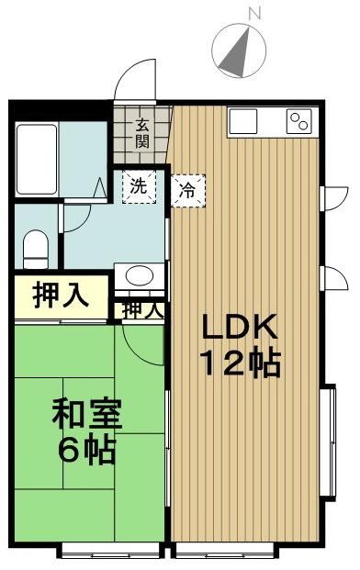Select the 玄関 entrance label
(x=142, y=134)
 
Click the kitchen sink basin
(x=245, y=119)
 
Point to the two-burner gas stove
(x=299, y=119)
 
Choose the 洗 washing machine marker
(x=137, y=184)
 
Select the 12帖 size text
(x=240, y=364)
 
